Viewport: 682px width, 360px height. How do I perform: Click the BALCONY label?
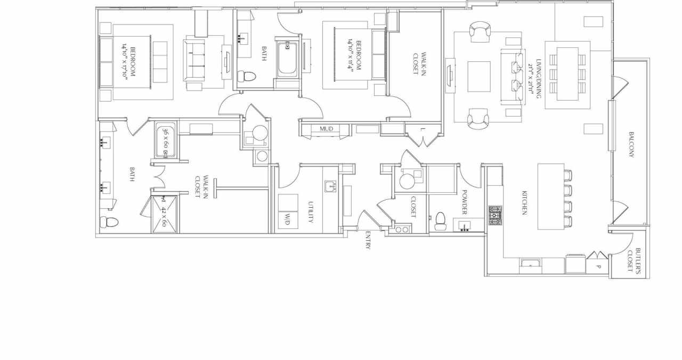click(631, 145)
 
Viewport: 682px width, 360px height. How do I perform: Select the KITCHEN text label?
click(524, 203)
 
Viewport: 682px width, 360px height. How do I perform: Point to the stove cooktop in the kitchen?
click(495, 215)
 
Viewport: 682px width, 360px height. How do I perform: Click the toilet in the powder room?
click(440, 221)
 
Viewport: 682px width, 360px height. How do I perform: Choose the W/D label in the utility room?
click(288, 219)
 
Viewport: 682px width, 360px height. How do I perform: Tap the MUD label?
click(326, 129)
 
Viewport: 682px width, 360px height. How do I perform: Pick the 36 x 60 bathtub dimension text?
click(166, 140)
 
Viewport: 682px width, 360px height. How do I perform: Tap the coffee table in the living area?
click(478, 77)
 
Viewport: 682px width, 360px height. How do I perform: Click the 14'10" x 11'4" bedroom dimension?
click(354, 53)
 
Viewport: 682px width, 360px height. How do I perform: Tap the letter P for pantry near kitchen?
click(598, 266)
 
